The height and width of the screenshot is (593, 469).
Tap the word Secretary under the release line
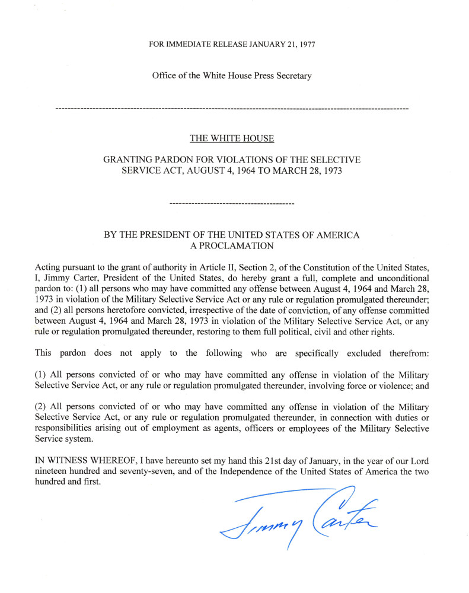292,75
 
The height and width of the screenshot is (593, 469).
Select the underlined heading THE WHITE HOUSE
232,139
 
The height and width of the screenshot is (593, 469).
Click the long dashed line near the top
231,110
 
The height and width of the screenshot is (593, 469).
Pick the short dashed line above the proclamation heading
232,203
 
